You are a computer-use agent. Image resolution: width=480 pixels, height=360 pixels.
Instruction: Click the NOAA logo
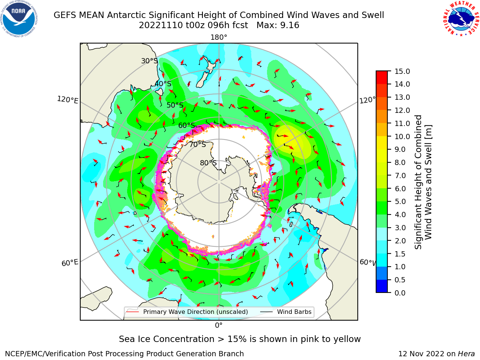click(19, 19)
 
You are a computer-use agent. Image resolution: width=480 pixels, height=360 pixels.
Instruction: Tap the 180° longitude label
click(219, 37)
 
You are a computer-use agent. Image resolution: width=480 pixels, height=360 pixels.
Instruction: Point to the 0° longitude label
click(219, 325)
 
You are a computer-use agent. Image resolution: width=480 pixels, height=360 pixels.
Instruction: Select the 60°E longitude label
click(70, 262)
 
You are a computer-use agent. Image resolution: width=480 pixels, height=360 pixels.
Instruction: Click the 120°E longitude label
click(67, 100)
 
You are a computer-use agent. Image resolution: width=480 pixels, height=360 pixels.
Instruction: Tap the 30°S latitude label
click(149, 61)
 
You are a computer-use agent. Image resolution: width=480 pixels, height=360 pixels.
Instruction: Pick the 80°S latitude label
click(208, 163)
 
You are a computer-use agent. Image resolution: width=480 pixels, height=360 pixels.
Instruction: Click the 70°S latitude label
click(198, 144)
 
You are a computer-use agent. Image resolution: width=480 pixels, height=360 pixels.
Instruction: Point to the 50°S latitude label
click(175, 105)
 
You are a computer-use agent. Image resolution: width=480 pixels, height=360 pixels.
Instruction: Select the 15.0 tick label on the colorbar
click(402, 71)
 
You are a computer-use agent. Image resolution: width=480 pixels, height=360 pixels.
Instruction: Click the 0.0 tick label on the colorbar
click(400, 293)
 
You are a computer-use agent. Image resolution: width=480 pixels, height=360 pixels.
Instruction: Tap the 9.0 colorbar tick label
click(400, 150)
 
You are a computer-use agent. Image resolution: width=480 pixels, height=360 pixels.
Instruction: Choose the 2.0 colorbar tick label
click(400, 241)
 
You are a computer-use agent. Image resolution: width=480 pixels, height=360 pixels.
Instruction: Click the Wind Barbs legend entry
click(286, 312)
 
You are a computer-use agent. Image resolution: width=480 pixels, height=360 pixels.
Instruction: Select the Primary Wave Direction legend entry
click(187, 312)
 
